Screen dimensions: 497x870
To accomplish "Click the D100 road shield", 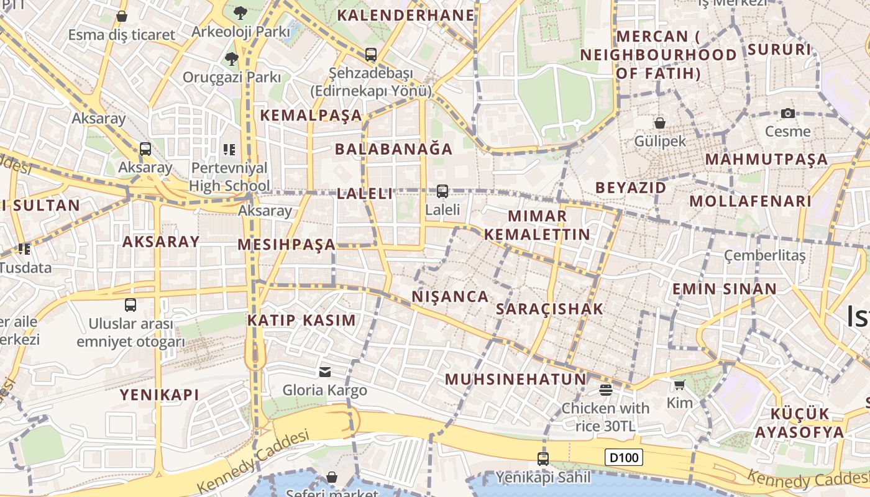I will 623,458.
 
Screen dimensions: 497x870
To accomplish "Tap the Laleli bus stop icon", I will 442,191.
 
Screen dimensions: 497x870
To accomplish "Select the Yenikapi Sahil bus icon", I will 543,459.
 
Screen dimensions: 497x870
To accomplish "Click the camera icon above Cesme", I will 787,113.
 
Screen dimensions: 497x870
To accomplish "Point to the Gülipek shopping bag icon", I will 659,123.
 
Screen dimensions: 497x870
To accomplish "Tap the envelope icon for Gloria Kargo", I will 324,372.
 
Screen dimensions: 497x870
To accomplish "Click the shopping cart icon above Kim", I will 679,385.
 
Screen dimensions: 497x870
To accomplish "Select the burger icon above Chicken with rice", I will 605,390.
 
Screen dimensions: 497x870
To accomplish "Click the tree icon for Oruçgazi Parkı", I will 231,59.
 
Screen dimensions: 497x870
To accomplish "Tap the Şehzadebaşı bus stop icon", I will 371,55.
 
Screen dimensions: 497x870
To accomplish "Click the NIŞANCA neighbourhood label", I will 450,296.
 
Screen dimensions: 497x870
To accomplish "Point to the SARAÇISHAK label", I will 549,309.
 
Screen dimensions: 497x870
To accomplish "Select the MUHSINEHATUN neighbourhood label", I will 515,379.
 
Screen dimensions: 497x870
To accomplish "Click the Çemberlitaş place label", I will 764,255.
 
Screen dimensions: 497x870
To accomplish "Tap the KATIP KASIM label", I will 301,321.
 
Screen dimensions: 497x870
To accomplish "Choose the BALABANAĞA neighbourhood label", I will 394,149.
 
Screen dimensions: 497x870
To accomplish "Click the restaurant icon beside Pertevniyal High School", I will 229,149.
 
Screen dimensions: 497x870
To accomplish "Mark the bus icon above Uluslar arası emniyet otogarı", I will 130,305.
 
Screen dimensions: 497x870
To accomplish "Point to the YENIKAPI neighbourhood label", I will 159,394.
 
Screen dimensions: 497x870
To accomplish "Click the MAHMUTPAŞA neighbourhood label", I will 766,159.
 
